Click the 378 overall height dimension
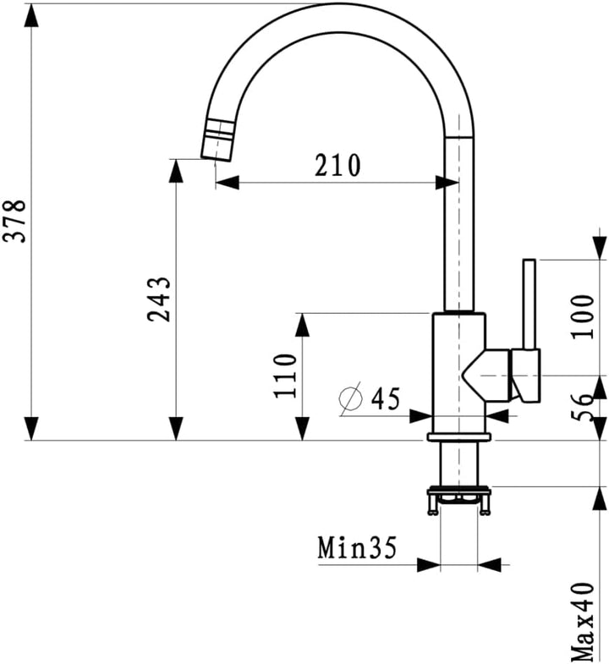(x=14, y=221)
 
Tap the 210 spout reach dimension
(x=337, y=165)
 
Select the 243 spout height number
(x=159, y=299)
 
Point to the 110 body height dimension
(x=285, y=376)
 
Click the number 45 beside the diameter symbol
(x=386, y=398)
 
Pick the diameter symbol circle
(x=351, y=398)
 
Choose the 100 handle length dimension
(x=583, y=316)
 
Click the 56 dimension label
(x=583, y=407)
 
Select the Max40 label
(x=583, y=623)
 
